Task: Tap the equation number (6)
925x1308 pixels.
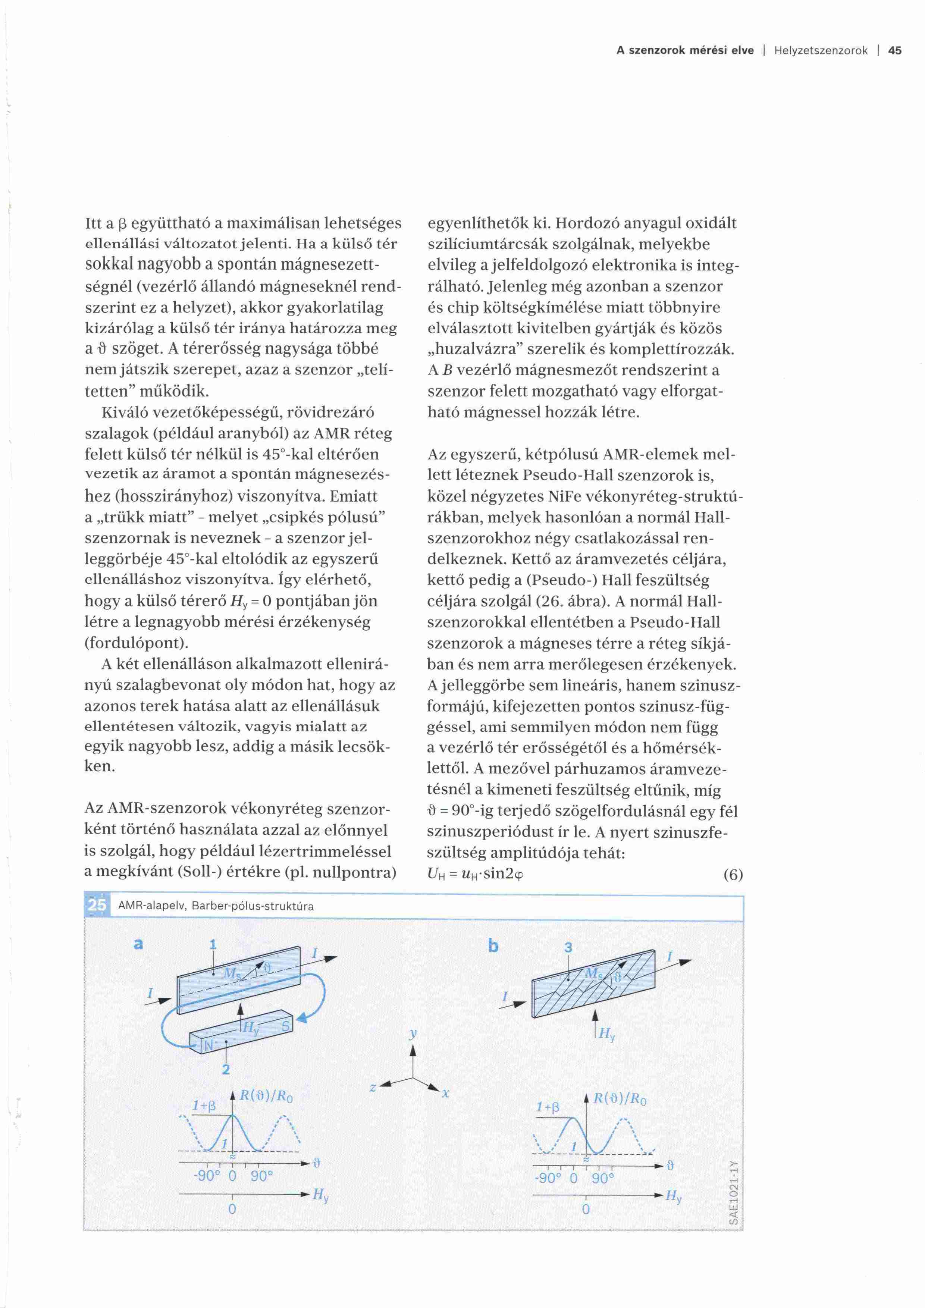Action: [x=733, y=875]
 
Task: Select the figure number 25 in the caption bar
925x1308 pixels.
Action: [x=97, y=905]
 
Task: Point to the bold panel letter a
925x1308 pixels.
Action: [x=138, y=944]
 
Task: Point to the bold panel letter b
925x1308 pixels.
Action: [x=493, y=946]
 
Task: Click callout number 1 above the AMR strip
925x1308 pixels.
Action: [x=213, y=944]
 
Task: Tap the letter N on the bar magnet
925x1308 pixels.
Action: [x=208, y=1046]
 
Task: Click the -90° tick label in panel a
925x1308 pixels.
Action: [x=207, y=1176]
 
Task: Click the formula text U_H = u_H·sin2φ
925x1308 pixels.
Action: [x=476, y=875]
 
